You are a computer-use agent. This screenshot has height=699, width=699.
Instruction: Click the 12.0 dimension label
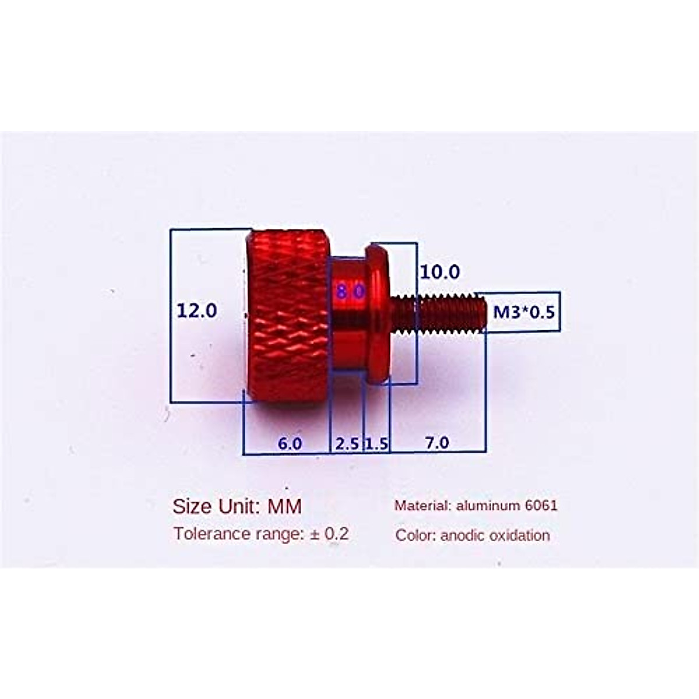click(197, 310)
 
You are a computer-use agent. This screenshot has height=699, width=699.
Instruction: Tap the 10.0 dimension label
click(440, 272)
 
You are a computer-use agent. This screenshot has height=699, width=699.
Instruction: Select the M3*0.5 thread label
click(524, 312)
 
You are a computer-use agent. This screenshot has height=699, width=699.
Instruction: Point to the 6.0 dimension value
click(290, 443)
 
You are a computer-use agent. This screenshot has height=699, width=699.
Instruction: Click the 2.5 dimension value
click(347, 444)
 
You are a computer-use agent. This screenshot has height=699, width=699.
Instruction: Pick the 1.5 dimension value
click(376, 444)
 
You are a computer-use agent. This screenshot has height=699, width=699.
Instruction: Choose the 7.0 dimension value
click(437, 443)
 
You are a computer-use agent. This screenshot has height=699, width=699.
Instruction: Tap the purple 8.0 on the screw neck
click(349, 291)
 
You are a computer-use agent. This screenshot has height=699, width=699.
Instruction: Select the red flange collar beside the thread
click(377, 315)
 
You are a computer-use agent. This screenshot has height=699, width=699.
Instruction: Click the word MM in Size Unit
click(284, 506)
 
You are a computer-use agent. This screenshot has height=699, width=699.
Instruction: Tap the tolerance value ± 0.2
click(329, 534)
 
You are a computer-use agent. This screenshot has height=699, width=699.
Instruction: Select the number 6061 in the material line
click(541, 505)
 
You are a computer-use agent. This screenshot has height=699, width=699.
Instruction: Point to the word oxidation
click(520, 535)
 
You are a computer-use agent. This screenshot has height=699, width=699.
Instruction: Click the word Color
click(415, 535)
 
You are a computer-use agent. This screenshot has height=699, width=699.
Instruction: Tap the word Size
click(192, 506)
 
